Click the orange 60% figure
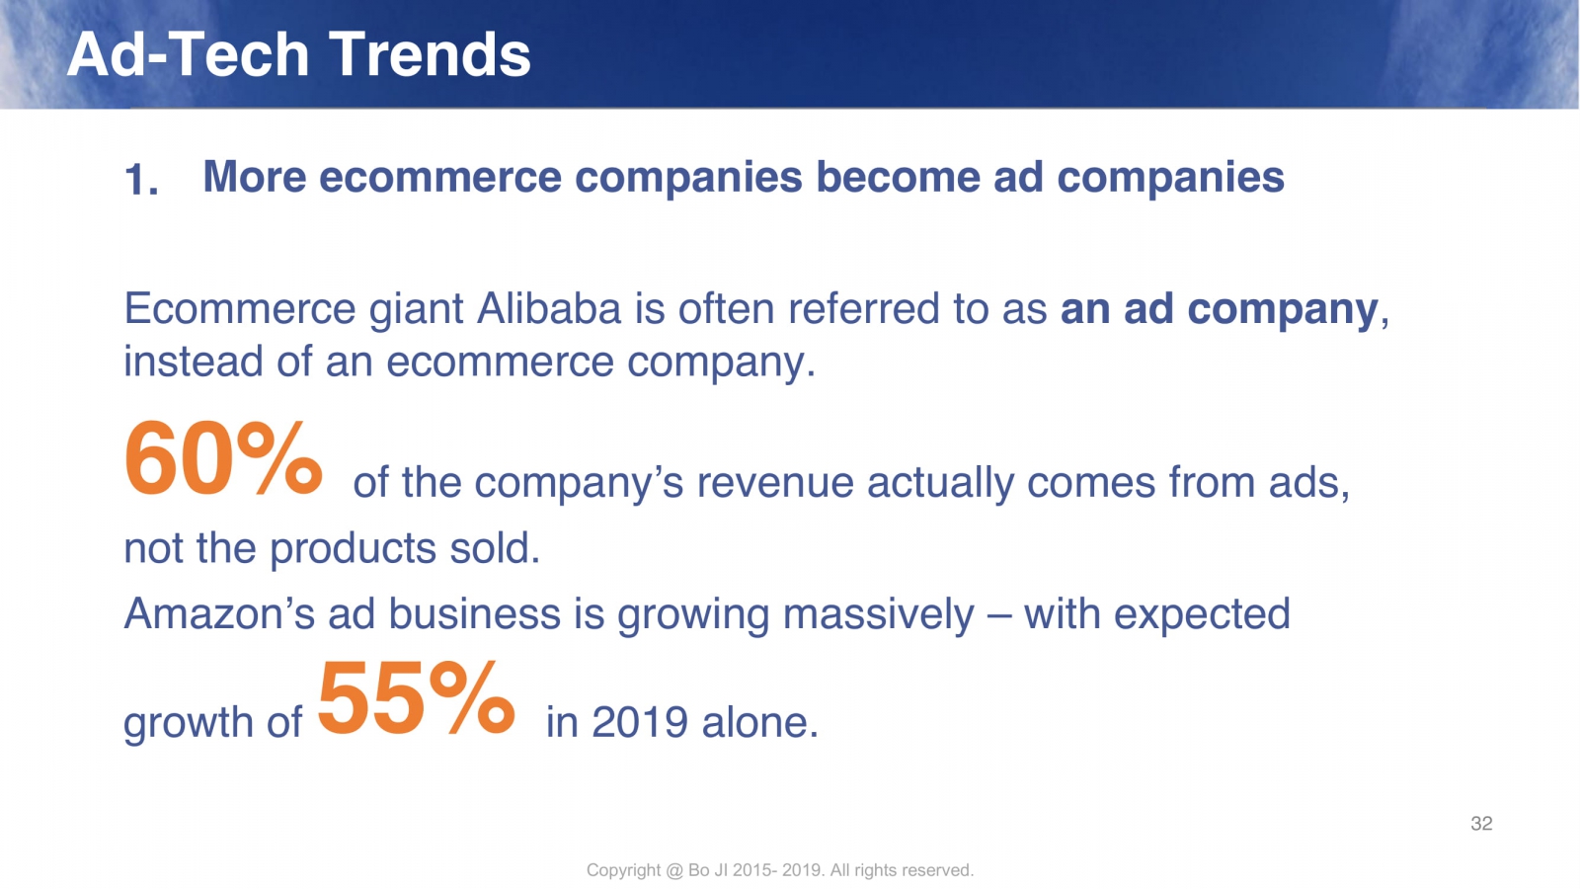pos(223,457)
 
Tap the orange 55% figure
pos(416,698)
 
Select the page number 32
pos(1481,824)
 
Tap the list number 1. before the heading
pos(141,180)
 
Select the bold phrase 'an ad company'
pos(1220,310)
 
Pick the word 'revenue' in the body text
pos(774,483)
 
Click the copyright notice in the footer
pos(779,870)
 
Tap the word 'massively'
pos(878,614)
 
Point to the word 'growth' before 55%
pos(188,724)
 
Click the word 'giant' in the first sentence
pos(416,310)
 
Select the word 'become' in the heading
pos(898,177)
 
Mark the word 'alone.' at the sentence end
pos(760,722)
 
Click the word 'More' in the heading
pos(255,177)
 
